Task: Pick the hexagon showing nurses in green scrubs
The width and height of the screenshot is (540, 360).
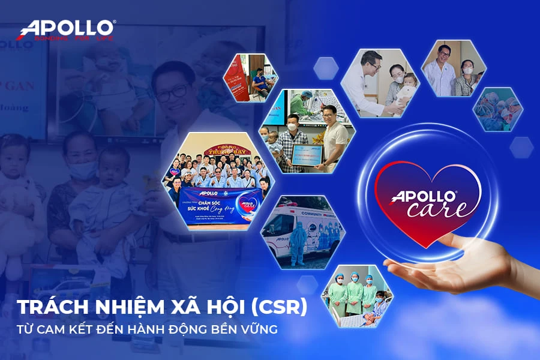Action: tap(358, 293)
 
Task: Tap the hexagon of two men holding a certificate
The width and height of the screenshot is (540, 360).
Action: tap(307, 130)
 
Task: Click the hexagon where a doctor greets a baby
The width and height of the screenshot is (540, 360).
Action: tap(381, 82)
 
